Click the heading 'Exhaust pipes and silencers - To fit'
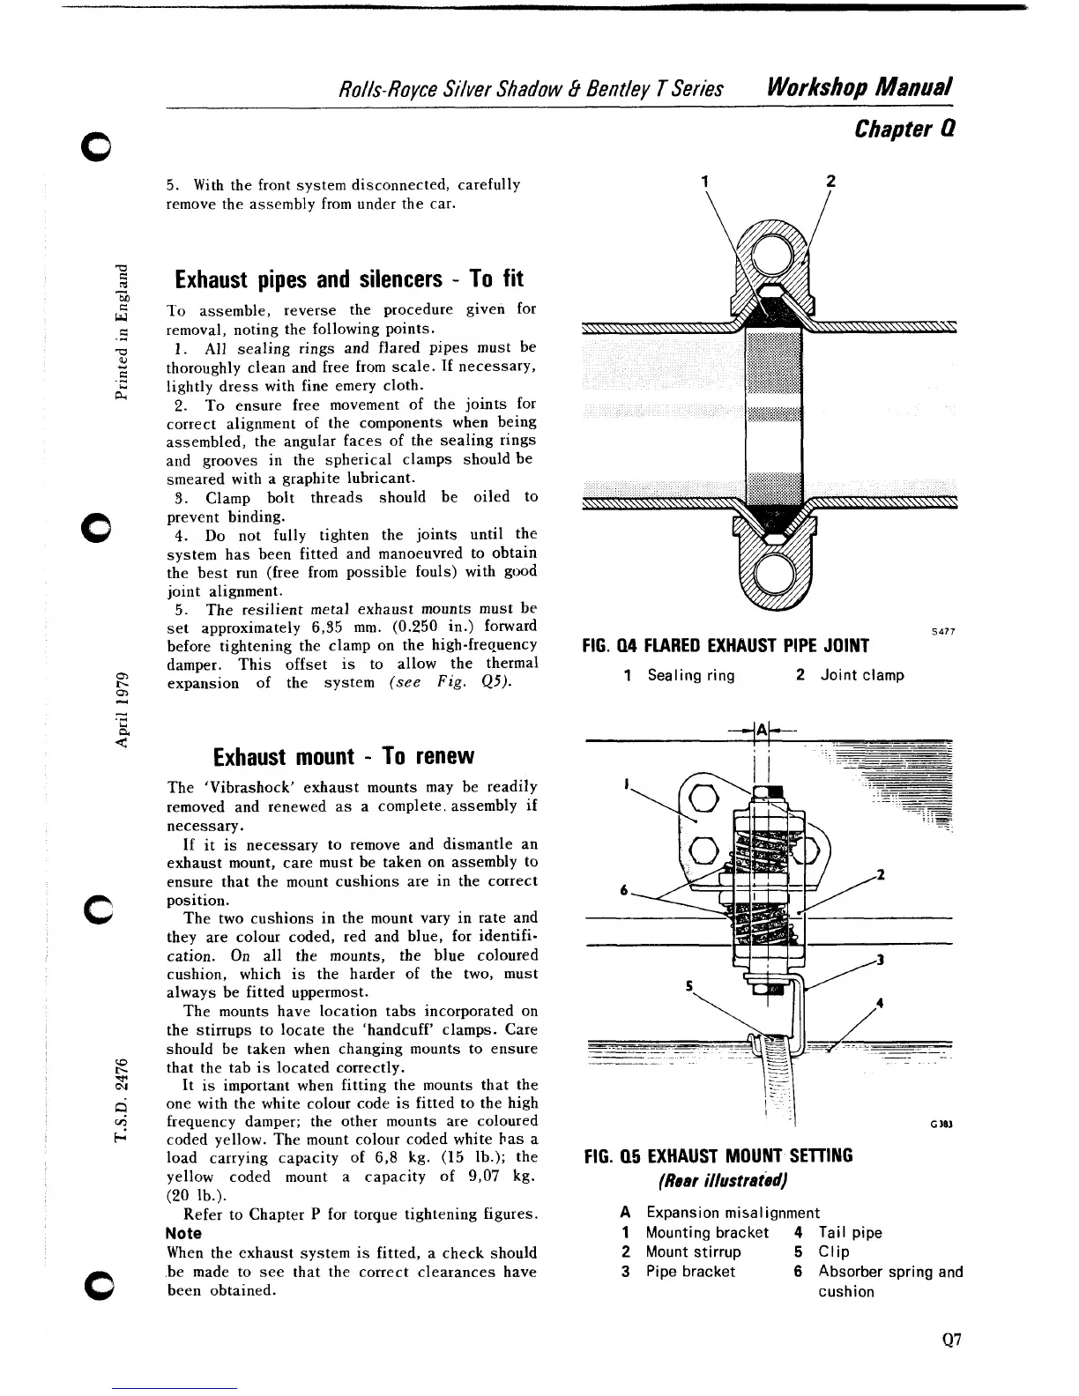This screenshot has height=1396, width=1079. [349, 279]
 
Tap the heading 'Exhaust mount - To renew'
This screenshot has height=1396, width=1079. [344, 757]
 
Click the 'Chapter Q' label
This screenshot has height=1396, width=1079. [905, 130]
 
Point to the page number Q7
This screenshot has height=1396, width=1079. [950, 1340]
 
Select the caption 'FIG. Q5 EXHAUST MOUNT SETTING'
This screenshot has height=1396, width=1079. [718, 1155]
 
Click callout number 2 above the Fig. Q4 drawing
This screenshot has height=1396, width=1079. [829, 182]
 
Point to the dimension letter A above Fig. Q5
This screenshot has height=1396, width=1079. [763, 729]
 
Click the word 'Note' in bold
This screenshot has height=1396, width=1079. [183, 1234]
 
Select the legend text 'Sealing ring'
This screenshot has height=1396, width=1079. [690, 675]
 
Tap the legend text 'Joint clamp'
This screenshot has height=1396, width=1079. [861, 675]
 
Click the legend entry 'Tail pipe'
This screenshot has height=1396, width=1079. [850, 1233]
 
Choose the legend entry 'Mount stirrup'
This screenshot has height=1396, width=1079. [693, 1252]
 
